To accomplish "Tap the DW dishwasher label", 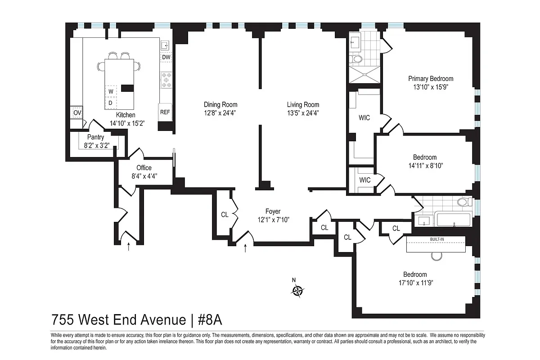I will point(166,57).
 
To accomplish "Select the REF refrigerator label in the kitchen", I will point(165,112).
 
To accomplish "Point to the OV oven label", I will point(77,112).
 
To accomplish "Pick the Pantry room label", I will point(95,137).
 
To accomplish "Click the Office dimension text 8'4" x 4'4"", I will point(144,176).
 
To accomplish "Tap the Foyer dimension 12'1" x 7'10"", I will point(273,220).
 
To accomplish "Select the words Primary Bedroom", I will point(431,78).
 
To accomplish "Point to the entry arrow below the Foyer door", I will point(245,248).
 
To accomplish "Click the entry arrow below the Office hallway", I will point(129,246).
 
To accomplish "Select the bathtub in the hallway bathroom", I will point(454,220).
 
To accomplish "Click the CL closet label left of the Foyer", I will point(225,215).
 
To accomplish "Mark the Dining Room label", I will point(220,105).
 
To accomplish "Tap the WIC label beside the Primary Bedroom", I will point(364,118).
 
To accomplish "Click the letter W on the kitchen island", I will point(110,92).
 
